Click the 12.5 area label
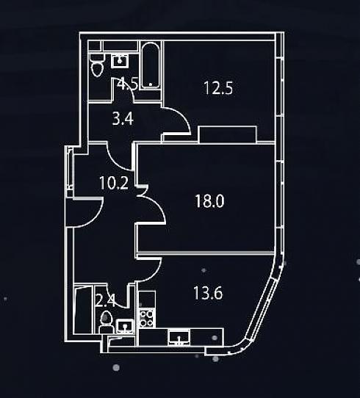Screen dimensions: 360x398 [218, 88]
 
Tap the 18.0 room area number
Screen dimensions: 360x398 [209, 201]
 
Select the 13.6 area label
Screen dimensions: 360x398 [208, 293]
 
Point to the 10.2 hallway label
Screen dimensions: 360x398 [114, 183]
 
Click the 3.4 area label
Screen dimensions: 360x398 [123, 119]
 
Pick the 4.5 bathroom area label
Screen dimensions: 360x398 [128, 84]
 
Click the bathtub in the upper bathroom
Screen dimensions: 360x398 [151, 65]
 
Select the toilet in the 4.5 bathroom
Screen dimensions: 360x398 [97, 65]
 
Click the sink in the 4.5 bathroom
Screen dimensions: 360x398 [120, 60]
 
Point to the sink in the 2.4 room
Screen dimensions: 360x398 [125, 326]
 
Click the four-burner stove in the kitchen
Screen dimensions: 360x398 [146, 319]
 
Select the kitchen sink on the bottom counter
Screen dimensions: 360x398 [179, 337]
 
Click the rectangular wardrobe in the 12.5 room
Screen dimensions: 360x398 [228, 134]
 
